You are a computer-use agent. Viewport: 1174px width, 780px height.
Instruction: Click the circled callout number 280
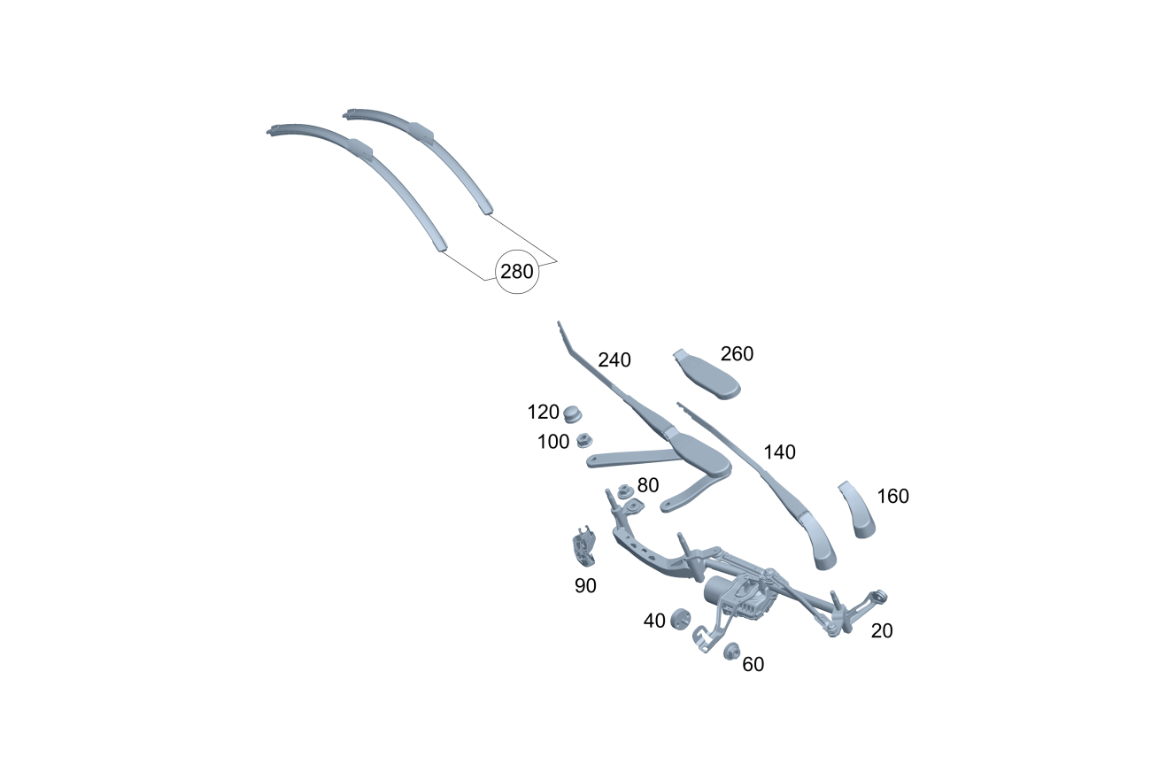517,272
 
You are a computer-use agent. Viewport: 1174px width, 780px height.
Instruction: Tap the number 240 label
614,360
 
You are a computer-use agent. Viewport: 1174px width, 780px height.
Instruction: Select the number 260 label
737,354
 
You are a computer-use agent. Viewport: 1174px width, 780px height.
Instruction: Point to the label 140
779,452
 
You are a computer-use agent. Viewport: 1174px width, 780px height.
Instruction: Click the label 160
893,496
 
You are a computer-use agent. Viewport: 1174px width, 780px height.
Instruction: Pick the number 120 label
543,412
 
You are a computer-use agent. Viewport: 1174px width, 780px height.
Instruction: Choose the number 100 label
553,442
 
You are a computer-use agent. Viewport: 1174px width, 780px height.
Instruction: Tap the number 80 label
648,485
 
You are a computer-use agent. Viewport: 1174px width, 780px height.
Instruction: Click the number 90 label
585,586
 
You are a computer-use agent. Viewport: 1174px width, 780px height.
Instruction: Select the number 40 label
654,621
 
